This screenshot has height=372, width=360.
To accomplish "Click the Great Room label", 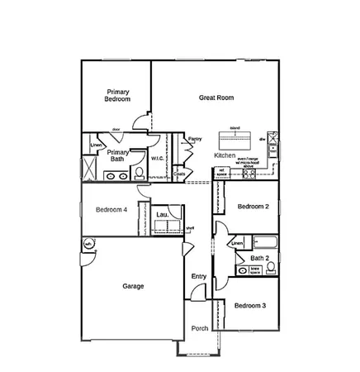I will (216, 98).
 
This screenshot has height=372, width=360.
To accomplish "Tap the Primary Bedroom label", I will (118, 95).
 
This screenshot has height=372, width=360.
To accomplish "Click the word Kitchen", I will (225, 155).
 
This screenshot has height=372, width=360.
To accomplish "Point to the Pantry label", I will (195, 139).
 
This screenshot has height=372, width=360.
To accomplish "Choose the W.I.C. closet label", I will (157, 157).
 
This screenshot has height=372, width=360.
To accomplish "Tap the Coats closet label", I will (180, 174).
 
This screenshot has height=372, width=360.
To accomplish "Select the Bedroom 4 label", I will (111, 209).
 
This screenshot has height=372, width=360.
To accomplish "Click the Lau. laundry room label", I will (162, 215).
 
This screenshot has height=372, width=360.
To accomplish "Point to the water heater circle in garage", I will (88, 244).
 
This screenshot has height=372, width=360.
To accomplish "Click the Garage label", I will (133, 286).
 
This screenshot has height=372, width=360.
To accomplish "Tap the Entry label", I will (199, 276).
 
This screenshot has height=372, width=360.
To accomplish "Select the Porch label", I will (199, 328).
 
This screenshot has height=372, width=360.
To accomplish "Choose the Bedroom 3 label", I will (249, 306).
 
